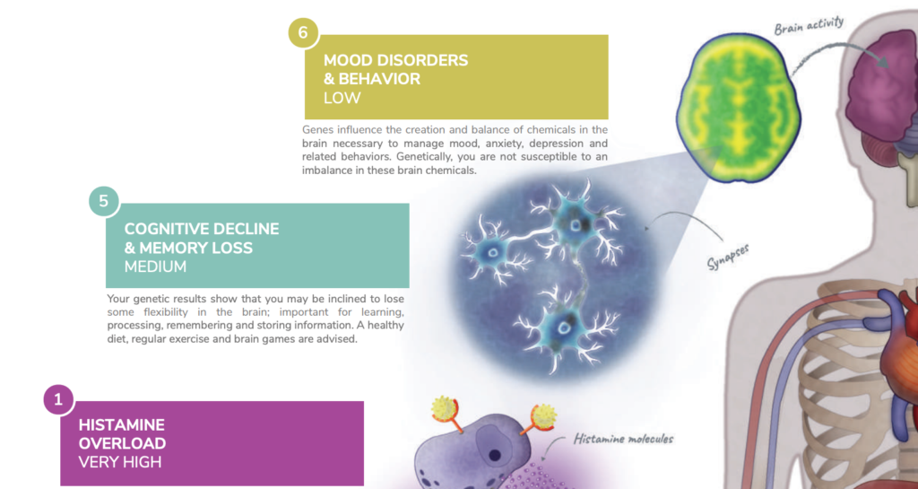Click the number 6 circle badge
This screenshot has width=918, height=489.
point(303,33)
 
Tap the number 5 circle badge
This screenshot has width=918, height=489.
point(104,202)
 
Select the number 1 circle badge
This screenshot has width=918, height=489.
point(58,400)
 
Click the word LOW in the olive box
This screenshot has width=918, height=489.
point(342,98)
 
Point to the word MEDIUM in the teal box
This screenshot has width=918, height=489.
point(155,266)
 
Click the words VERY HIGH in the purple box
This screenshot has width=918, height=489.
point(119,462)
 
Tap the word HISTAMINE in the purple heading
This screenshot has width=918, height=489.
point(122,424)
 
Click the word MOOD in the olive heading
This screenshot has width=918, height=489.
point(346,60)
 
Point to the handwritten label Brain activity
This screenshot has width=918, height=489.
point(810,26)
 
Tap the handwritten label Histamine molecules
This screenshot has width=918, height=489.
point(624,439)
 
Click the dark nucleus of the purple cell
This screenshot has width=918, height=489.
point(495,455)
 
